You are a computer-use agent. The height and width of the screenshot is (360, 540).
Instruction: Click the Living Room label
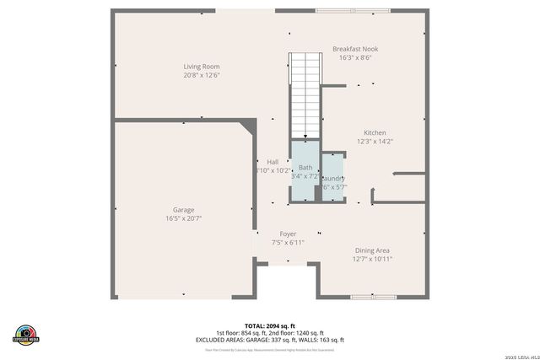[x=202, y=66]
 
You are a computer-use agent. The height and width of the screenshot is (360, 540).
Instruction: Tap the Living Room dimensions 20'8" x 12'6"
[x=202, y=75]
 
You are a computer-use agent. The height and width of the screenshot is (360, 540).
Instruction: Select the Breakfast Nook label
[x=354, y=49]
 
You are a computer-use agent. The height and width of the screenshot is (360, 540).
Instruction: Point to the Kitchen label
[x=375, y=132]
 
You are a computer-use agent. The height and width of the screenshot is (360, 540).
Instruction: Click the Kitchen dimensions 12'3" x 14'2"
[x=375, y=142]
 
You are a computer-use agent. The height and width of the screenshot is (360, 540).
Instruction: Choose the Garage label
[x=183, y=210]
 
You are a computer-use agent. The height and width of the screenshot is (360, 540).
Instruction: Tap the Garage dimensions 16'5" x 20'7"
[x=183, y=218]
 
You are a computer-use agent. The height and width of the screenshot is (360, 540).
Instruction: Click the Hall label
[x=273, y=162]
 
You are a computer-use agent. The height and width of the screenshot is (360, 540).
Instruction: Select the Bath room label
[x=305, y=168]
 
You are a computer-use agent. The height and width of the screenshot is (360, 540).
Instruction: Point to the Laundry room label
[x=333, y=178]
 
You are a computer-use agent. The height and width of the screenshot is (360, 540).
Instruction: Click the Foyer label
[x=288, y=234]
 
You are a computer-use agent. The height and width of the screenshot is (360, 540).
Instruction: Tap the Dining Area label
[x=371, y=250]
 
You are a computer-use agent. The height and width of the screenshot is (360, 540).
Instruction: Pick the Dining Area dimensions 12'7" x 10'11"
[x=371, y=259]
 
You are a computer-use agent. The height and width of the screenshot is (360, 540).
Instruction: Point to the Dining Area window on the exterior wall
[x=374, y=296]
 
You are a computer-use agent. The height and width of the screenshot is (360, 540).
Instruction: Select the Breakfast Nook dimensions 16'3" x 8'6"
[x=354, y=58]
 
